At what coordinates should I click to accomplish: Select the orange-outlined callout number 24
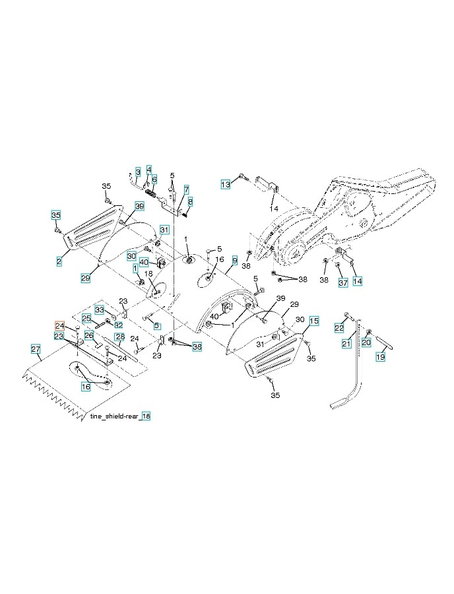click(59, 326)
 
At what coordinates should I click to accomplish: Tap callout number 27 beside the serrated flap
click(36, 348)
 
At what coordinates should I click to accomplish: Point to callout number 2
click(59, 262)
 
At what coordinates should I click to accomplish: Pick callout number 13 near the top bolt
click(226, 184)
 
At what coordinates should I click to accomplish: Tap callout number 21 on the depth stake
click(346, 344)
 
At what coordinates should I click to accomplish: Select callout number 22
click(339, 328)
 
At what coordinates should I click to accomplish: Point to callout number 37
click(342, 283)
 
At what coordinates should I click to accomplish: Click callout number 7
click(187, 189)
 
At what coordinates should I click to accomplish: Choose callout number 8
click(190, 201)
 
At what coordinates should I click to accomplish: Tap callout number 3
click(137, 172)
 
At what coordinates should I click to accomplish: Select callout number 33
click(99, 309)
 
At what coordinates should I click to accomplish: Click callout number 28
click(119, 337)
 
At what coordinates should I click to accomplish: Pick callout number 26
click(89, 335)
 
